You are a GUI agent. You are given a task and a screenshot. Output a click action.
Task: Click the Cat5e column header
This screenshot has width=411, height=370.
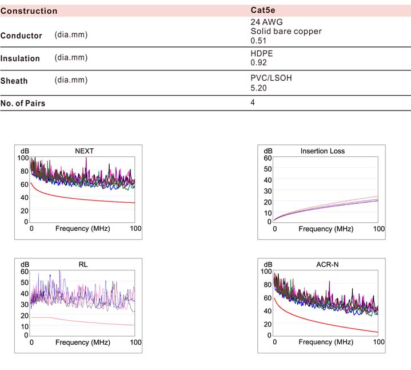point(264,11)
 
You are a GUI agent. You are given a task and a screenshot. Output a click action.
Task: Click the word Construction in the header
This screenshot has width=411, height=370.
point(29,11)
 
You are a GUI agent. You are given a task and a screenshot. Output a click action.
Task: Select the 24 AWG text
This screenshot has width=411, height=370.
point(266,22)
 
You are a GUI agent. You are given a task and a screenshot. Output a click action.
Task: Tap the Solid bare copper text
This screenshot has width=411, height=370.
point(286,32)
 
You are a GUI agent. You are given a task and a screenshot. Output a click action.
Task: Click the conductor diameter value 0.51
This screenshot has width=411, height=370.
point(259,41)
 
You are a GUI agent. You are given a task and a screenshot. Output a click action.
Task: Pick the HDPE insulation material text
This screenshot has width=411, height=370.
point(262,53)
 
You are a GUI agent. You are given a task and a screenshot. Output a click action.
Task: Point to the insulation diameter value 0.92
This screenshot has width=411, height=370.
point(259,62)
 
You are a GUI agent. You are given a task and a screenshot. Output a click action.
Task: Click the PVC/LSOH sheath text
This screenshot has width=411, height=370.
point(272,78)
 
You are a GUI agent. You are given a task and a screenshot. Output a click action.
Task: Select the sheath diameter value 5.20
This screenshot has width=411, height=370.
point(259,88)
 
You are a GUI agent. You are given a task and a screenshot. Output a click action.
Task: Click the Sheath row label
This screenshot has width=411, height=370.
point(14,81)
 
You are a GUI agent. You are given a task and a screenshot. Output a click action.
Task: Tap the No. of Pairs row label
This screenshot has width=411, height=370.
point(23,104)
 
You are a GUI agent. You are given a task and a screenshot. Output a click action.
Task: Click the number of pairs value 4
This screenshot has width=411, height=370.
point(253,103)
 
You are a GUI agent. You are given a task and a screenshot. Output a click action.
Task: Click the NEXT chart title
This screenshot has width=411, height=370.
point(85,151)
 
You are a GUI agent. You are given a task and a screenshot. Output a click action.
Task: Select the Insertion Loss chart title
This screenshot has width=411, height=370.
point(322,151)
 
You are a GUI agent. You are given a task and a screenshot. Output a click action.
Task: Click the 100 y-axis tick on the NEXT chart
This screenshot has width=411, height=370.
point(23,158)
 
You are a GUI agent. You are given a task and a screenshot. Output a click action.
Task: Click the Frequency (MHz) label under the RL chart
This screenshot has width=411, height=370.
point(83,343)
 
